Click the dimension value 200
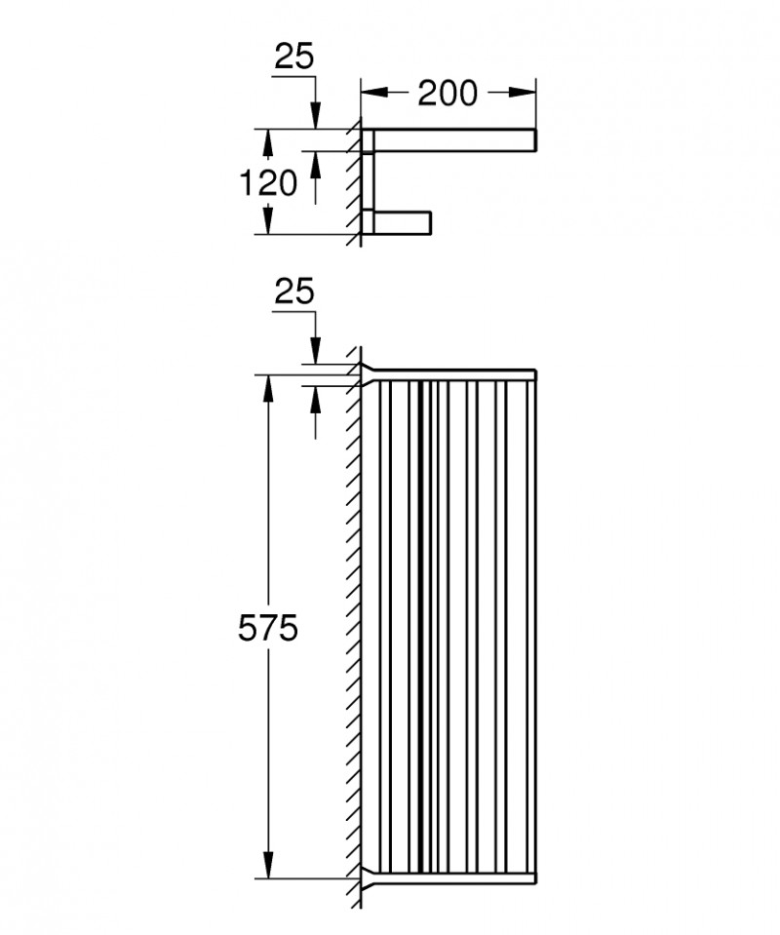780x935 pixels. click(448, 94)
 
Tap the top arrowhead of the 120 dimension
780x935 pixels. click(265, 140)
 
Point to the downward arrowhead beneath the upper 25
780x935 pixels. click(314, 116)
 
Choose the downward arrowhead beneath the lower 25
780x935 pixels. click(314, 353)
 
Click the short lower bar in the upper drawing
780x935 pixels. click(400, 221)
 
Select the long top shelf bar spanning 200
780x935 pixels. click(453, 139)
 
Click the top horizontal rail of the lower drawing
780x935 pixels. click(453, 373)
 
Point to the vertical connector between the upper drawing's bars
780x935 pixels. click(368, 180)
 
